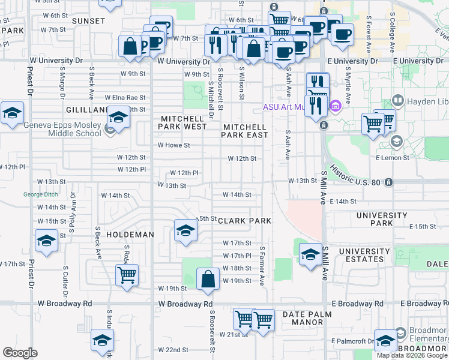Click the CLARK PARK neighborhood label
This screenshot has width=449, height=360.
244,221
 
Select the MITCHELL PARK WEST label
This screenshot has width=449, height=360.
182,123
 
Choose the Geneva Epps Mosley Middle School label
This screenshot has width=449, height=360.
62,129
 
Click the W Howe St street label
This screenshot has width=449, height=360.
173,145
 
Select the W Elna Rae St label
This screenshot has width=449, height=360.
125,97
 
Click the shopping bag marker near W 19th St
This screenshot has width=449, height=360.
208,280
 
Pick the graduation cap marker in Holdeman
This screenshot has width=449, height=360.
185,231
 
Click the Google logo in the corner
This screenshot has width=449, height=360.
20,353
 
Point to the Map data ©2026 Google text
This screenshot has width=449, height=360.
412,355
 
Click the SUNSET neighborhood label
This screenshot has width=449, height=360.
88,20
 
